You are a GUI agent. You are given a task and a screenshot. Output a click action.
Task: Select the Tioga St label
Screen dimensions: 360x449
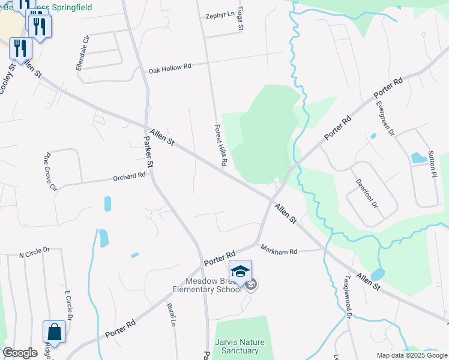pos(241,19)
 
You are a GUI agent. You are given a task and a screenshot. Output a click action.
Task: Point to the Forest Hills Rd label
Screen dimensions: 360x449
pos(220,145)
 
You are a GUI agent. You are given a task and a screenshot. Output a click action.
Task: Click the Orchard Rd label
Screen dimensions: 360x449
pos(129,177)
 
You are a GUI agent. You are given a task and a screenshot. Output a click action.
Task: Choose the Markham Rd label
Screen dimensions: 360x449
pos(278,249)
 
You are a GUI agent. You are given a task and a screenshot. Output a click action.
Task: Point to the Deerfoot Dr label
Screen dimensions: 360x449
pos(367,193)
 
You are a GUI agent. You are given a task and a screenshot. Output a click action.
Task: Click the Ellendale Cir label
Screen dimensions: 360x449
pos(82,53)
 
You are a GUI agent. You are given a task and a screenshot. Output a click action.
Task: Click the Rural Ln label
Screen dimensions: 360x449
pos(172,314)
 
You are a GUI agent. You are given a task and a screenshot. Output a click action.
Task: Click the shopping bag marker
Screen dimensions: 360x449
pos(54,332)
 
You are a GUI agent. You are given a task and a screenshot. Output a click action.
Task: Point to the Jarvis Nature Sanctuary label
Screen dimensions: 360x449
pos(237,346)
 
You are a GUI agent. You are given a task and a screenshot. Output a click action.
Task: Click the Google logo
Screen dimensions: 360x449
pos(20,353)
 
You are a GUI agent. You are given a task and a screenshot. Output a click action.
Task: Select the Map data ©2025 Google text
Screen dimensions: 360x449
pos(411,355)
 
